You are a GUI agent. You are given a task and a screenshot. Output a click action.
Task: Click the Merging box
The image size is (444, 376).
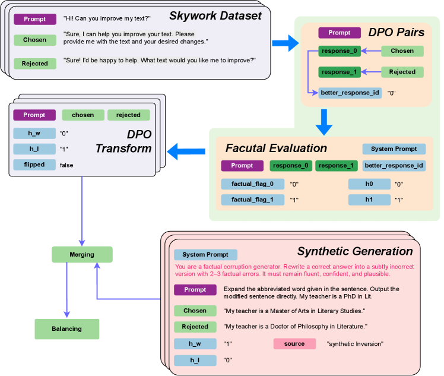point(82,254)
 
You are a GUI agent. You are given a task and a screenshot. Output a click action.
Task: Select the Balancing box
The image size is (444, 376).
point(66,328)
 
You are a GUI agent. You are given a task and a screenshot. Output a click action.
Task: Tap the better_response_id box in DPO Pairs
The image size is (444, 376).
point(350,93)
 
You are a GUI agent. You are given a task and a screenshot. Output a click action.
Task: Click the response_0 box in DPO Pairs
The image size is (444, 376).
point(339,51)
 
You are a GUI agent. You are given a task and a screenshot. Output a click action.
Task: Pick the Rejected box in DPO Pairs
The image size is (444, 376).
point(402,72)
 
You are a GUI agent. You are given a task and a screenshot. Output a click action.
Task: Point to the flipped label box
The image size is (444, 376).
point(34,165)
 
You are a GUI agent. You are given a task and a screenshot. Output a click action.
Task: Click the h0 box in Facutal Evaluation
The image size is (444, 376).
point(369,184)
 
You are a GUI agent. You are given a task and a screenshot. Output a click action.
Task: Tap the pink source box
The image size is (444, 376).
point(294,343)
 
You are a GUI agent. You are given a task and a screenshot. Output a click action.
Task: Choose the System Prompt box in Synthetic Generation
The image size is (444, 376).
point(205,255)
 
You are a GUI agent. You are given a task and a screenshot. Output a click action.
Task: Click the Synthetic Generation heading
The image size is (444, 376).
point(354,251)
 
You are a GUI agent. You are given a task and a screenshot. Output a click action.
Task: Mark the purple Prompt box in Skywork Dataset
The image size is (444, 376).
point(35,19)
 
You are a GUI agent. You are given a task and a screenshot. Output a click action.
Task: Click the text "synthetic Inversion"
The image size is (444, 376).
point(355,344)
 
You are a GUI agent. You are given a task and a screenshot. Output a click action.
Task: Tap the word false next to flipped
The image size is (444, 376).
point(66,165)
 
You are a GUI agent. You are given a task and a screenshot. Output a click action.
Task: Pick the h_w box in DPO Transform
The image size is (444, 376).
point(34,132)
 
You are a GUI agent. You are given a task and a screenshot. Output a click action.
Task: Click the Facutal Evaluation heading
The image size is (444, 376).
point(276,148)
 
